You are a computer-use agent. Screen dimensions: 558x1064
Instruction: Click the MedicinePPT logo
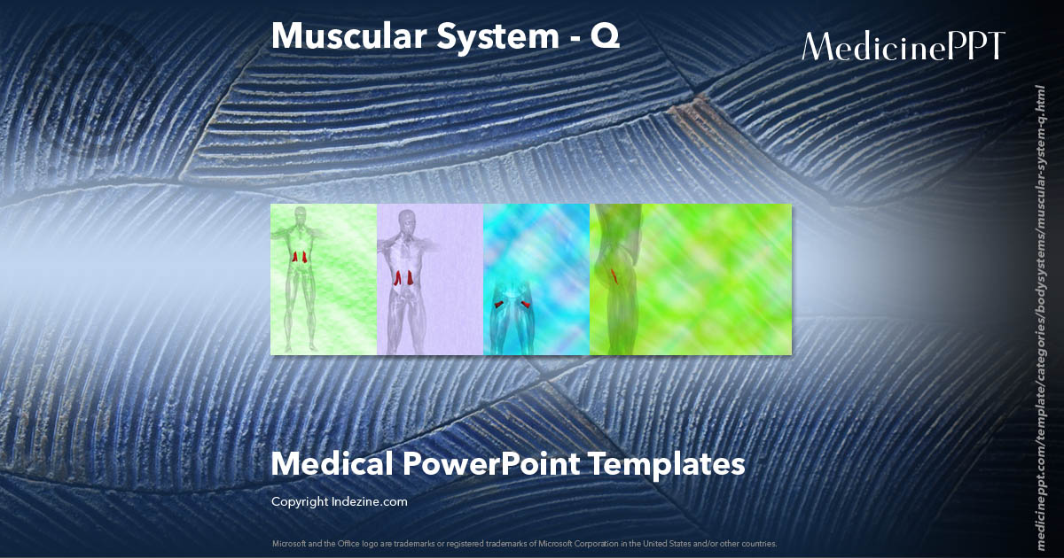click(x=904, y=47)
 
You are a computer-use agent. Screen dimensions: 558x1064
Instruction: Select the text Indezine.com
click(x=372, y=501)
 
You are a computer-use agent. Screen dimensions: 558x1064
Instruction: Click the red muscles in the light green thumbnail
click(x=300, y=257)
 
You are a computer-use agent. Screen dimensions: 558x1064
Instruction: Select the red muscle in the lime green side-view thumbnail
click(x=614, y=275)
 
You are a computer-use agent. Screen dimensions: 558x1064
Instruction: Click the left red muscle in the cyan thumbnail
click(x=499, y=304)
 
